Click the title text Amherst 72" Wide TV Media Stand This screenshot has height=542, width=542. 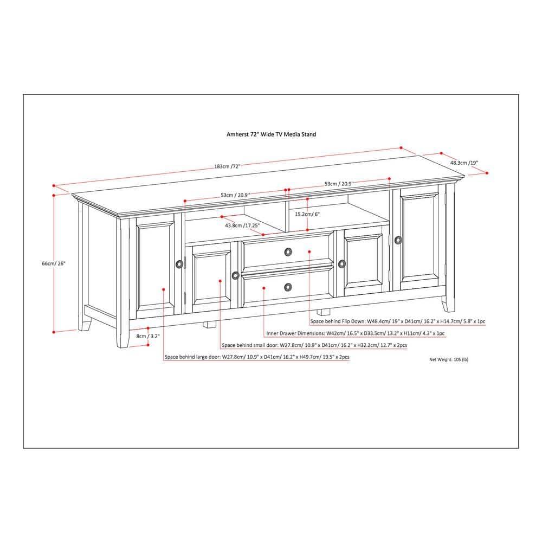click(271, 134)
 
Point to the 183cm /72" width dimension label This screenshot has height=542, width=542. click(227, 166)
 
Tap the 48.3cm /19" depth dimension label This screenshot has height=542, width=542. click(464, 162)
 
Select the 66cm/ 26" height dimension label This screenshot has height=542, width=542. click(54, 263)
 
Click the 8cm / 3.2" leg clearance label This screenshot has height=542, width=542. click(148, 336)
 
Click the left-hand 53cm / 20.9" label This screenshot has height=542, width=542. click(234, 195)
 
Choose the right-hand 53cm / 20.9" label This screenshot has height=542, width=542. click(339, 184)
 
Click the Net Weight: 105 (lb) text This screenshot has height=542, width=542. click(449, 359)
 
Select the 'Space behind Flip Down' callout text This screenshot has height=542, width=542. click(398, 321)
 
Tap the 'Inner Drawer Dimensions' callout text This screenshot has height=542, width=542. click(355, 333)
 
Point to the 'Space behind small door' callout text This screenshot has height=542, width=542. click(315, 345)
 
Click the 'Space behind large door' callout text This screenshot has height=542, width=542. click(256, 357)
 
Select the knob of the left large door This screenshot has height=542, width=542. click(179, 264)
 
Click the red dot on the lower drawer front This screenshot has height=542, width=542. click(264, 288)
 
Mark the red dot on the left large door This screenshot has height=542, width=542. click(164, 289)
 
